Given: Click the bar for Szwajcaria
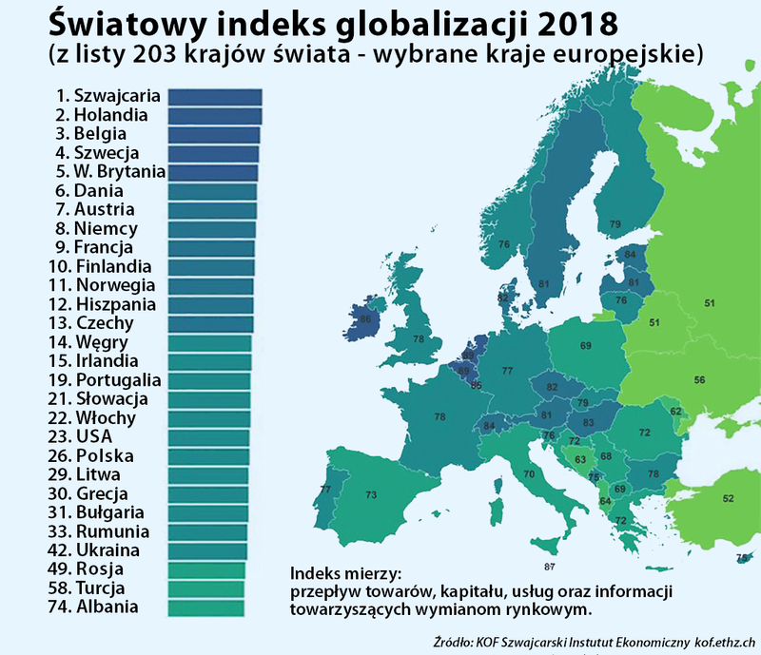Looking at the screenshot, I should coord(214,96).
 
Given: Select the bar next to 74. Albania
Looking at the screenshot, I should coord(206,607).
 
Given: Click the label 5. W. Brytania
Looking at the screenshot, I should coord(110,171).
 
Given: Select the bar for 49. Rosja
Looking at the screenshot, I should coord(207,569).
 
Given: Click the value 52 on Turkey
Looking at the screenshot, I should coord(729,498).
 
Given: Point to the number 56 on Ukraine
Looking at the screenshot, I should coord(699,379).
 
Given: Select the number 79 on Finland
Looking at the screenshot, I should coord(615,224).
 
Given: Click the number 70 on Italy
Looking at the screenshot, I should coord(529,472).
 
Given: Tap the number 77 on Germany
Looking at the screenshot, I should coord(508,370).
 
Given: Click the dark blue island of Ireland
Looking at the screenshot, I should coord(363,321).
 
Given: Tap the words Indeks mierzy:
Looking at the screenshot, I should coord(346,573).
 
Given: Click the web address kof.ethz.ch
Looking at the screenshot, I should coord(726,643).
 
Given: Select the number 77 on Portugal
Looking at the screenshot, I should coord(325,490).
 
